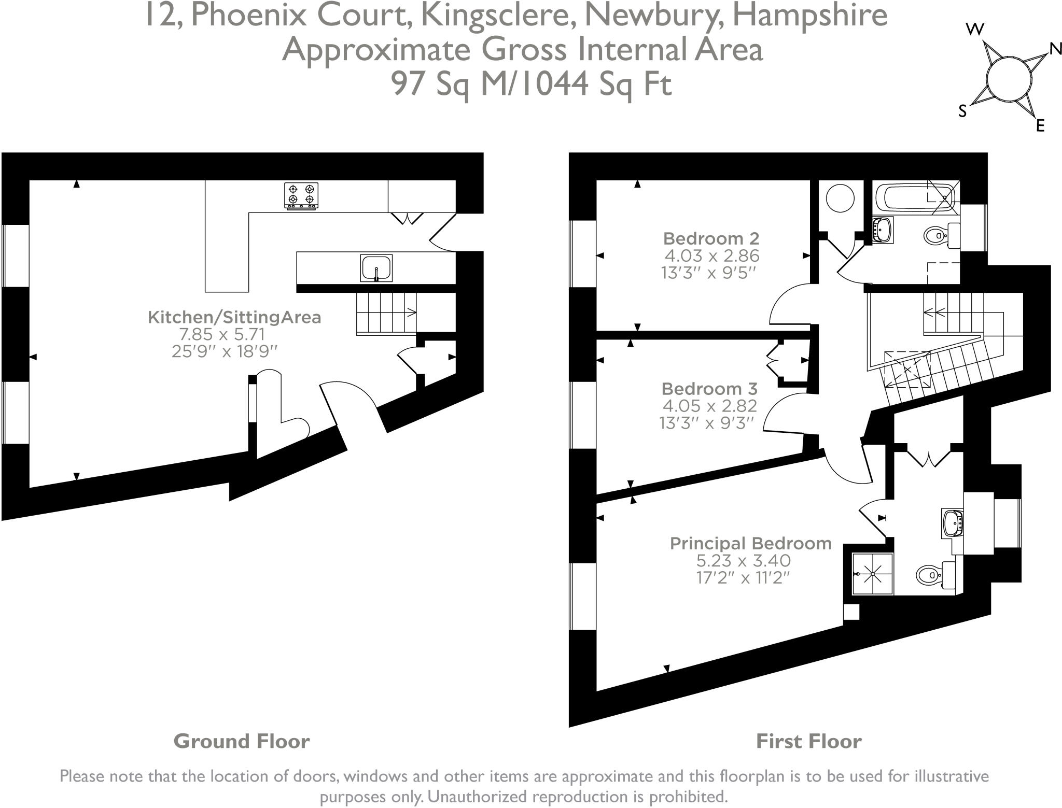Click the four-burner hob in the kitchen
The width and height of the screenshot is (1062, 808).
point(301,196)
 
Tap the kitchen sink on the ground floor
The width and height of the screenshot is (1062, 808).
point(376,268)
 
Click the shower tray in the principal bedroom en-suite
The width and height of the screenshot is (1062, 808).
point(873,574)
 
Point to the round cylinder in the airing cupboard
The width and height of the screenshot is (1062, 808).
point(840,198)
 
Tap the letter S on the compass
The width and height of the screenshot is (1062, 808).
point(963,111)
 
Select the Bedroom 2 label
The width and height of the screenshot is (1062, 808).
point(711,238)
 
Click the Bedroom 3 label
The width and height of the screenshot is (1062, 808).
point(709,388)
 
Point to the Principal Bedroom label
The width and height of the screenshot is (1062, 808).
point(750,543)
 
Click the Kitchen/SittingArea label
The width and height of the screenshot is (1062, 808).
point(234,317)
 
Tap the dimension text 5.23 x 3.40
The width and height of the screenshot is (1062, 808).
point(743,560)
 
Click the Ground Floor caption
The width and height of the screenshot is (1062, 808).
point(242,741)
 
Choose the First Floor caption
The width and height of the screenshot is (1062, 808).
point(809,741)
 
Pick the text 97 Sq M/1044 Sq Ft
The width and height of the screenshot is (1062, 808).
point(532,83)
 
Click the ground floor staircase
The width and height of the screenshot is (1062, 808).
point(386,314)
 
